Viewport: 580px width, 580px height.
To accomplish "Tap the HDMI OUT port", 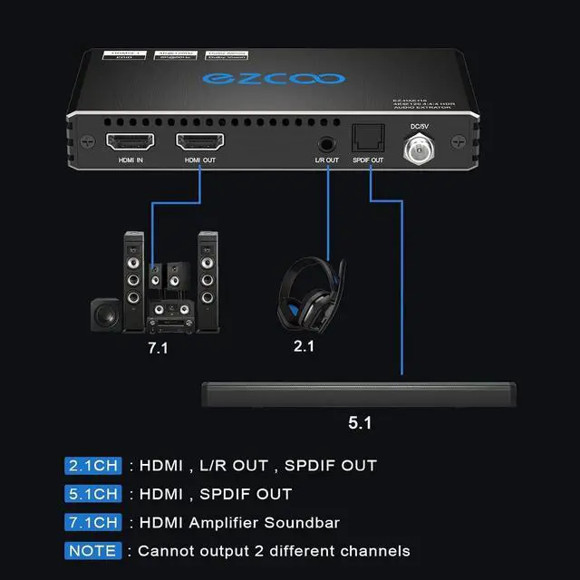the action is pyautogui.click(x=199, y=142).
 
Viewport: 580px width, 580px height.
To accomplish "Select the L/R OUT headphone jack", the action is pyautogui.click(x=326, y=143).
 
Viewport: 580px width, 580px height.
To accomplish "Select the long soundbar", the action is pyautogui.click(x=358, y=395).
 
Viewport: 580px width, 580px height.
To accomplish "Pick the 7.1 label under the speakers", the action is pyautogui.click(x=158, y=348).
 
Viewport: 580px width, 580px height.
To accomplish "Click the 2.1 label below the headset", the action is pyautogui.click(x=304, y=346).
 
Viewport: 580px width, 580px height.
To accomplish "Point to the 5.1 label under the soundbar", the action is pyautogui.click(x=360, y=422).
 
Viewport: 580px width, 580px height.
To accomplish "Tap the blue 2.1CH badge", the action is pyautogui.click(x=92, y=466).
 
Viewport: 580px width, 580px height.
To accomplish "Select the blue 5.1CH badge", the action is pyautogui.click(x=92, y=494).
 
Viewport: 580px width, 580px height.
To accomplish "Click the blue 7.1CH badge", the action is pyautogui.click(x=92, y=522).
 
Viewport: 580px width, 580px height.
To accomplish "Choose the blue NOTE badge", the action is pyautogui.click(x=92, y=550).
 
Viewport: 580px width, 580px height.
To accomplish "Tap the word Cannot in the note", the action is pyautogui.click(x=166, y=550).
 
